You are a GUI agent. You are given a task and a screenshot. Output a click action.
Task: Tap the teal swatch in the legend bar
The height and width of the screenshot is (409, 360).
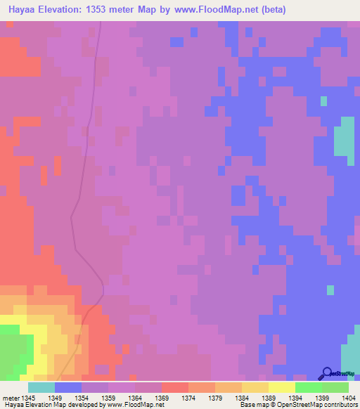(x=41, y=387)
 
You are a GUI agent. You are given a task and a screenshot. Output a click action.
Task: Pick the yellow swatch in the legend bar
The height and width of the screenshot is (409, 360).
(x=282, y=387)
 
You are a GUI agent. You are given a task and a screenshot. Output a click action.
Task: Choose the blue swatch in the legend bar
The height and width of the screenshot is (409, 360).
(x=68, y=387)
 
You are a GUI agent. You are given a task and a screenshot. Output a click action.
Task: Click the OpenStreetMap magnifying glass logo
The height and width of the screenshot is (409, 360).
(x=326, y=373)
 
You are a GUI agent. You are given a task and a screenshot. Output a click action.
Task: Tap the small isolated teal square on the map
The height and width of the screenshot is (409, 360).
(x=323, y=101)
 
